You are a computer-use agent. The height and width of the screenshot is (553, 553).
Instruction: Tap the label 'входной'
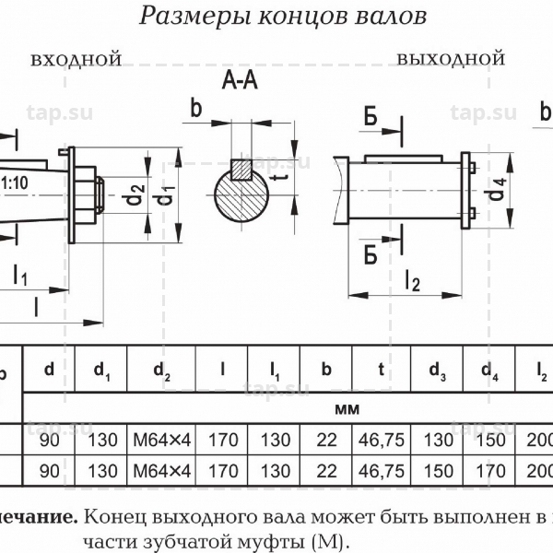point(76,60)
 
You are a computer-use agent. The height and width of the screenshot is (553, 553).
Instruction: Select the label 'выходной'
point(451,59)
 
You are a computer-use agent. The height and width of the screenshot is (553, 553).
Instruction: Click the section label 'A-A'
point(240,83)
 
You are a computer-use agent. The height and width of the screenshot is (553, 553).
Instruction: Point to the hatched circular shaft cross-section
point(241,194)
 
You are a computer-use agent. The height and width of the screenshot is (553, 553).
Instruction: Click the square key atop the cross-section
point(242,169)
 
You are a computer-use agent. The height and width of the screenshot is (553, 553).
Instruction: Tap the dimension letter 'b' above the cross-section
point(195,108)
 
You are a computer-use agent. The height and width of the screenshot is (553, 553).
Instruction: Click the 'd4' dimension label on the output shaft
point(498,191)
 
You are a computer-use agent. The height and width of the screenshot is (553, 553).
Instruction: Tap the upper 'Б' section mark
point(370,116)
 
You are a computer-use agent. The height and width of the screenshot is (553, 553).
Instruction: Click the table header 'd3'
point(438,372)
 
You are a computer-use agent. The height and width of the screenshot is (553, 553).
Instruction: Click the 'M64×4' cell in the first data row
point(161,441)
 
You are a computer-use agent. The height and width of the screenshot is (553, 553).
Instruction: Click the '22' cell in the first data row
point(325,441)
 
